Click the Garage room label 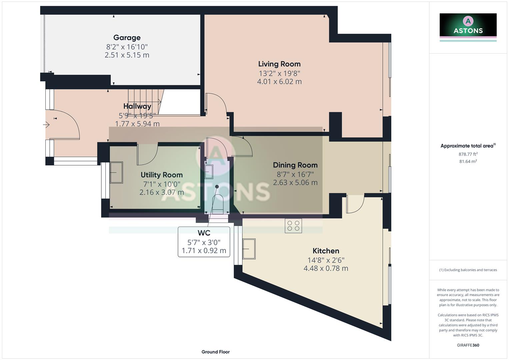[x=127, y=38]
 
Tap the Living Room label [x=279, y=64]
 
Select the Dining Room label [x=295, y=165]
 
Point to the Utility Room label [x=162, y=175]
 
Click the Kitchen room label [x=326, y=251]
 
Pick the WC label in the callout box [x=204, y=233]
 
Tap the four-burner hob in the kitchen [x=293, y=226]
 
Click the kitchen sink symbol [x=249, y=249]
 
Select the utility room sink [x=116, y=172]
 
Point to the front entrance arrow [x=46, y=125]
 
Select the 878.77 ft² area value [x=468, y=154]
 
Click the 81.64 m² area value [x=468, y=161]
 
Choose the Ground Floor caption [x=215, y=352]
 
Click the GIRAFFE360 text [x=468, y=345]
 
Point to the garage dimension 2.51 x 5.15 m [x=127, y=55]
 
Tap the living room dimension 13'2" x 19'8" [x=279, y=73]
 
